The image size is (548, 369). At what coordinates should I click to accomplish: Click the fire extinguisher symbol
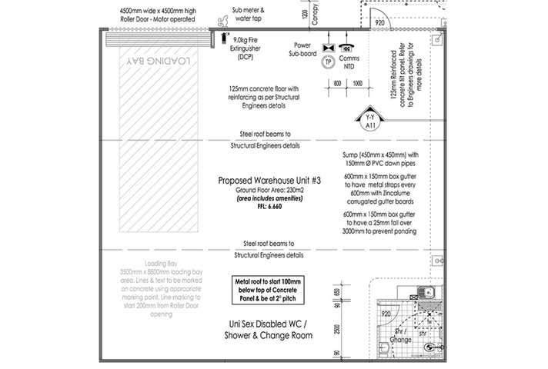coord(224,36)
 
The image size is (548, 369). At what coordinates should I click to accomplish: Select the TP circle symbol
coord(329,61)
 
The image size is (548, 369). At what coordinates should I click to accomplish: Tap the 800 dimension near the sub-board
coord(336,81)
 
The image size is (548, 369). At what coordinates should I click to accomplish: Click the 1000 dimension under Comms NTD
coord(356,81)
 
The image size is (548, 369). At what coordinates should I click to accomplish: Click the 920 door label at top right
coord(379,23)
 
